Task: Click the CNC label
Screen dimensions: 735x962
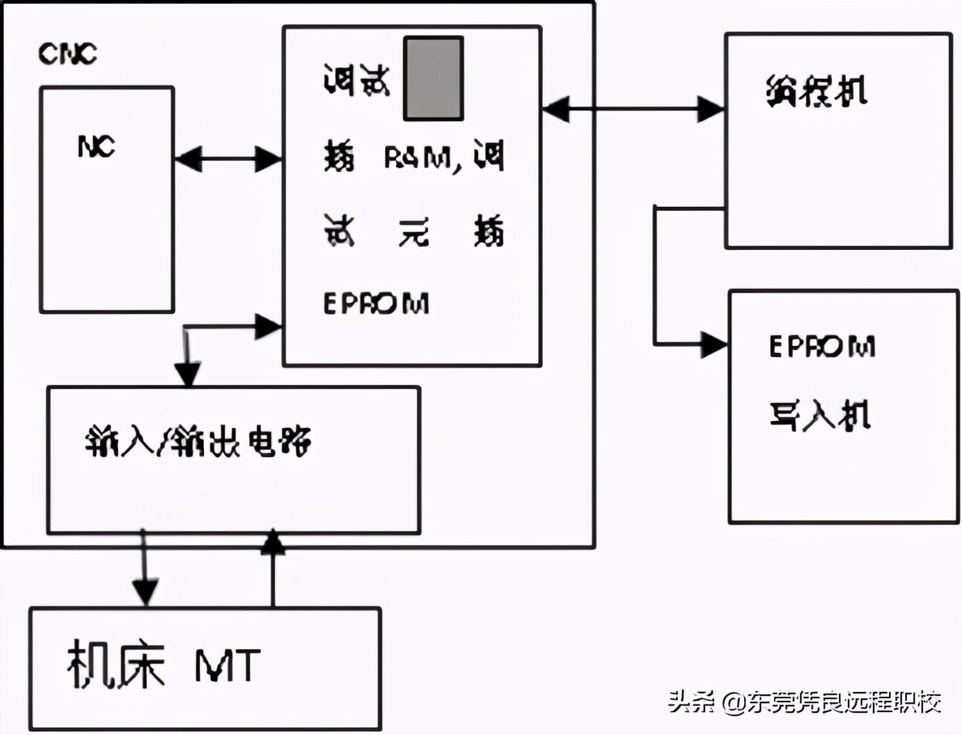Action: tap(68, 54)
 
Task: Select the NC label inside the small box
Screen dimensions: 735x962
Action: tap(96, 146)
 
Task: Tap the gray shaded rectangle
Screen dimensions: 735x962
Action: tap(434, 79)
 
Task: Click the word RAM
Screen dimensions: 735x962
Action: tap(418, 158)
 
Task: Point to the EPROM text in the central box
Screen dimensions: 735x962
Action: tap(376, 303)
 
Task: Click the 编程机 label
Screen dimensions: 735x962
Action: tap(817, 91)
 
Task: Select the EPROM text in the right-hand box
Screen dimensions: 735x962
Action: tap(822, 346)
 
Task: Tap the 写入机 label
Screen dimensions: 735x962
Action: tap(819, 416)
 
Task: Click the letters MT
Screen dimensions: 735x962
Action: tap(227, 665)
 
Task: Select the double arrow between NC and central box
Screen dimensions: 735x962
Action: tap(228, 159)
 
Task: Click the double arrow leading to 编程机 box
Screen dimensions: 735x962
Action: tap(633, 109)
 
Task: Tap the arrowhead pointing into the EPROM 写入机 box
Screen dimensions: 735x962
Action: tap(713, 344)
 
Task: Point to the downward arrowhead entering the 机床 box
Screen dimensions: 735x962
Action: tap(145, 592)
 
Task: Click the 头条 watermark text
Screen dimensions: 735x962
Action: tap(691, 702)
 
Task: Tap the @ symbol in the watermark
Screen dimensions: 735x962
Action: tap(732, 702)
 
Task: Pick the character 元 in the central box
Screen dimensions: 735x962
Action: tap(413, 232)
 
